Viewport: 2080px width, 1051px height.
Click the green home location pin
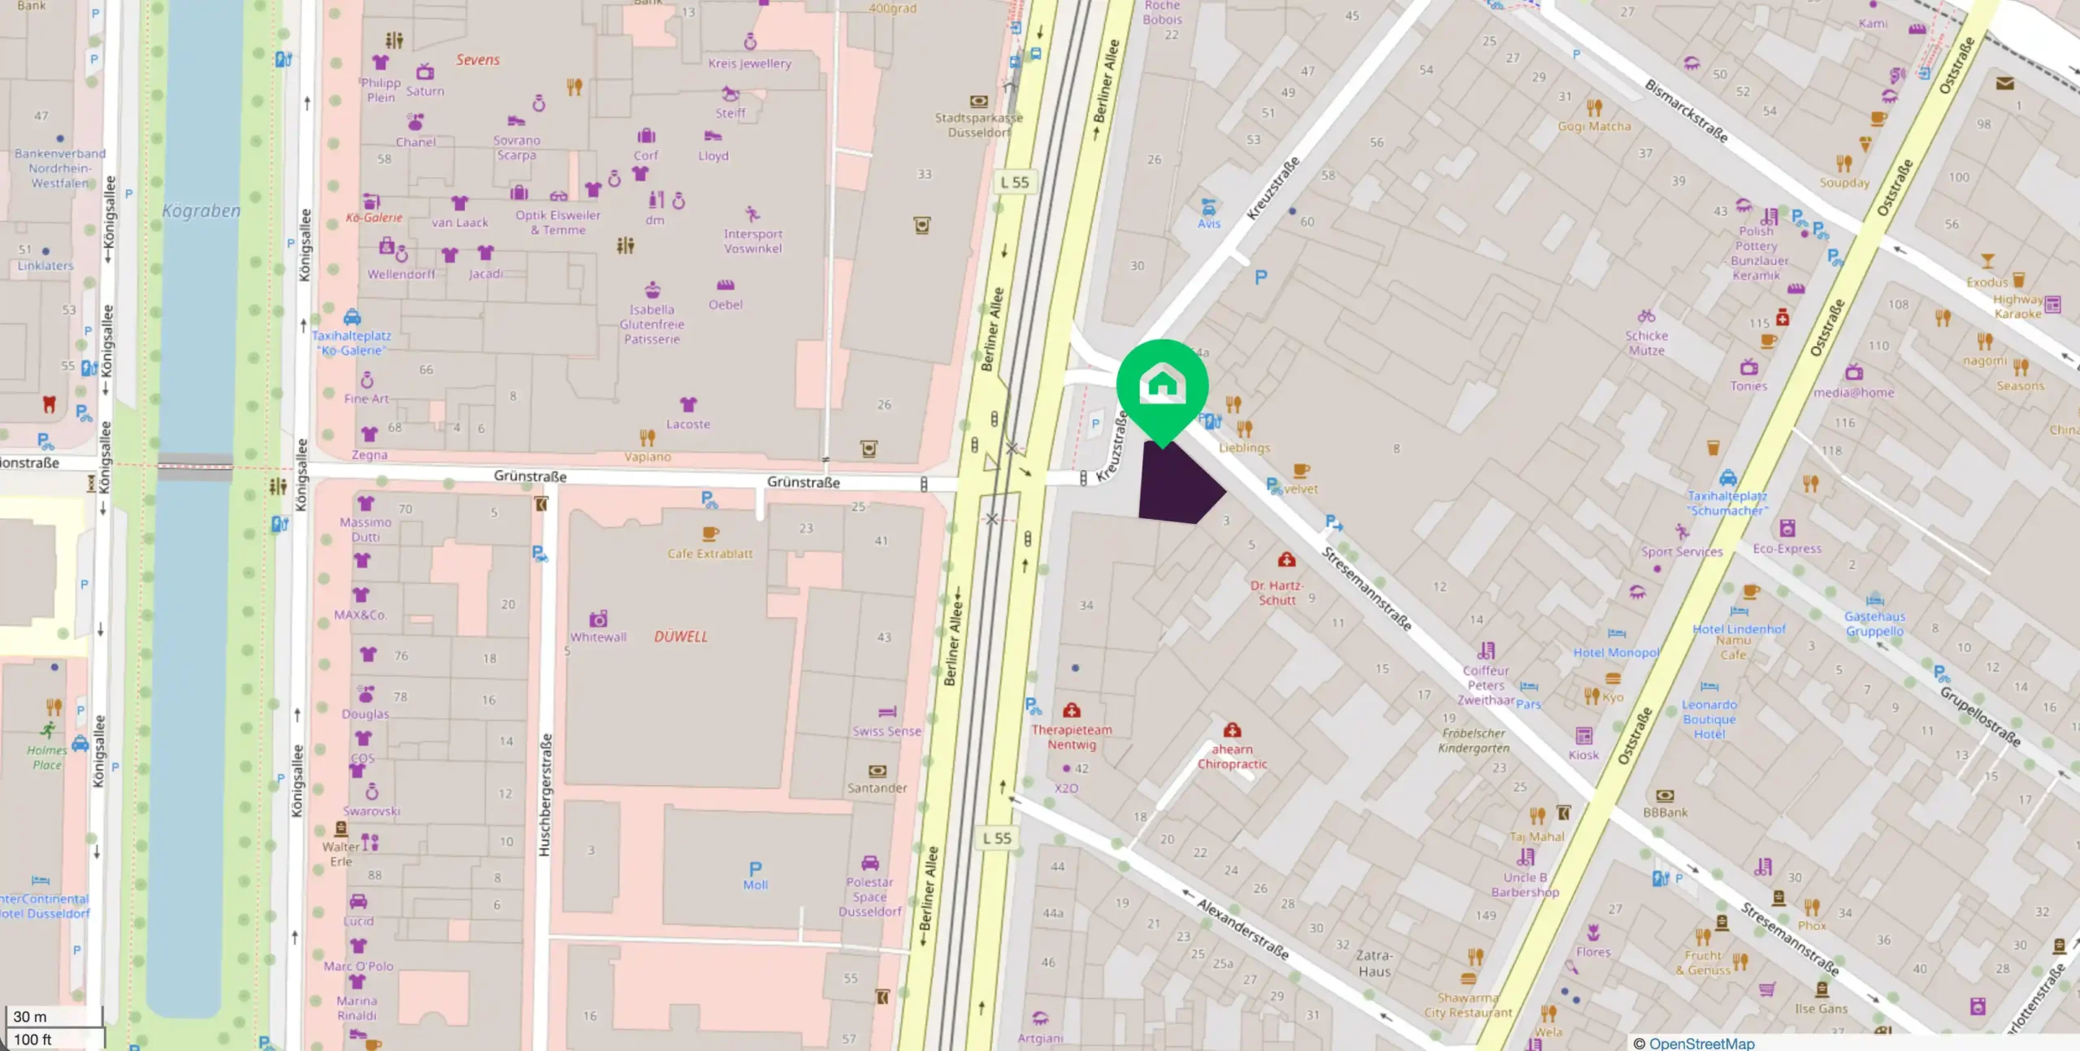point(1162,386)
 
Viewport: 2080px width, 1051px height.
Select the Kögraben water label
point(201,211)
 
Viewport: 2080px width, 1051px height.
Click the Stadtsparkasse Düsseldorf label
point(978,125)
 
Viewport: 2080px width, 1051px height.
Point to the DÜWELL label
point(681,637)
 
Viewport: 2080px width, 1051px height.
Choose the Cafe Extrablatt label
point(710,554)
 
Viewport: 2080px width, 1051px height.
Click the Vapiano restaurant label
point(648,456)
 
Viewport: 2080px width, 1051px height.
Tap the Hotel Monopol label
point(1616,652)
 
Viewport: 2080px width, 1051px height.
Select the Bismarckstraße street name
point(1686,110)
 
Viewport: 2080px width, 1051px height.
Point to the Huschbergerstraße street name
point(545,794)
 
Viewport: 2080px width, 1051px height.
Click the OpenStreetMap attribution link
point(1701,1044)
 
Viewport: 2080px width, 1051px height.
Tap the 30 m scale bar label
point(31,1017)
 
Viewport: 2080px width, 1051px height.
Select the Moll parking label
point(755,885)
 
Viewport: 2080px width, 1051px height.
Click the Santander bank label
point(877,788)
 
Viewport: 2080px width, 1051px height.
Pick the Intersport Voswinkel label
point(752,241)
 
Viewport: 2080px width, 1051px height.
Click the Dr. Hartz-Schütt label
point(1277,593)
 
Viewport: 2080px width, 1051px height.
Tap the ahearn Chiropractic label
point(1232,756)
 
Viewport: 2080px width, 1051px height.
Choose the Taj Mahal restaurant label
point(1536,837)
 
